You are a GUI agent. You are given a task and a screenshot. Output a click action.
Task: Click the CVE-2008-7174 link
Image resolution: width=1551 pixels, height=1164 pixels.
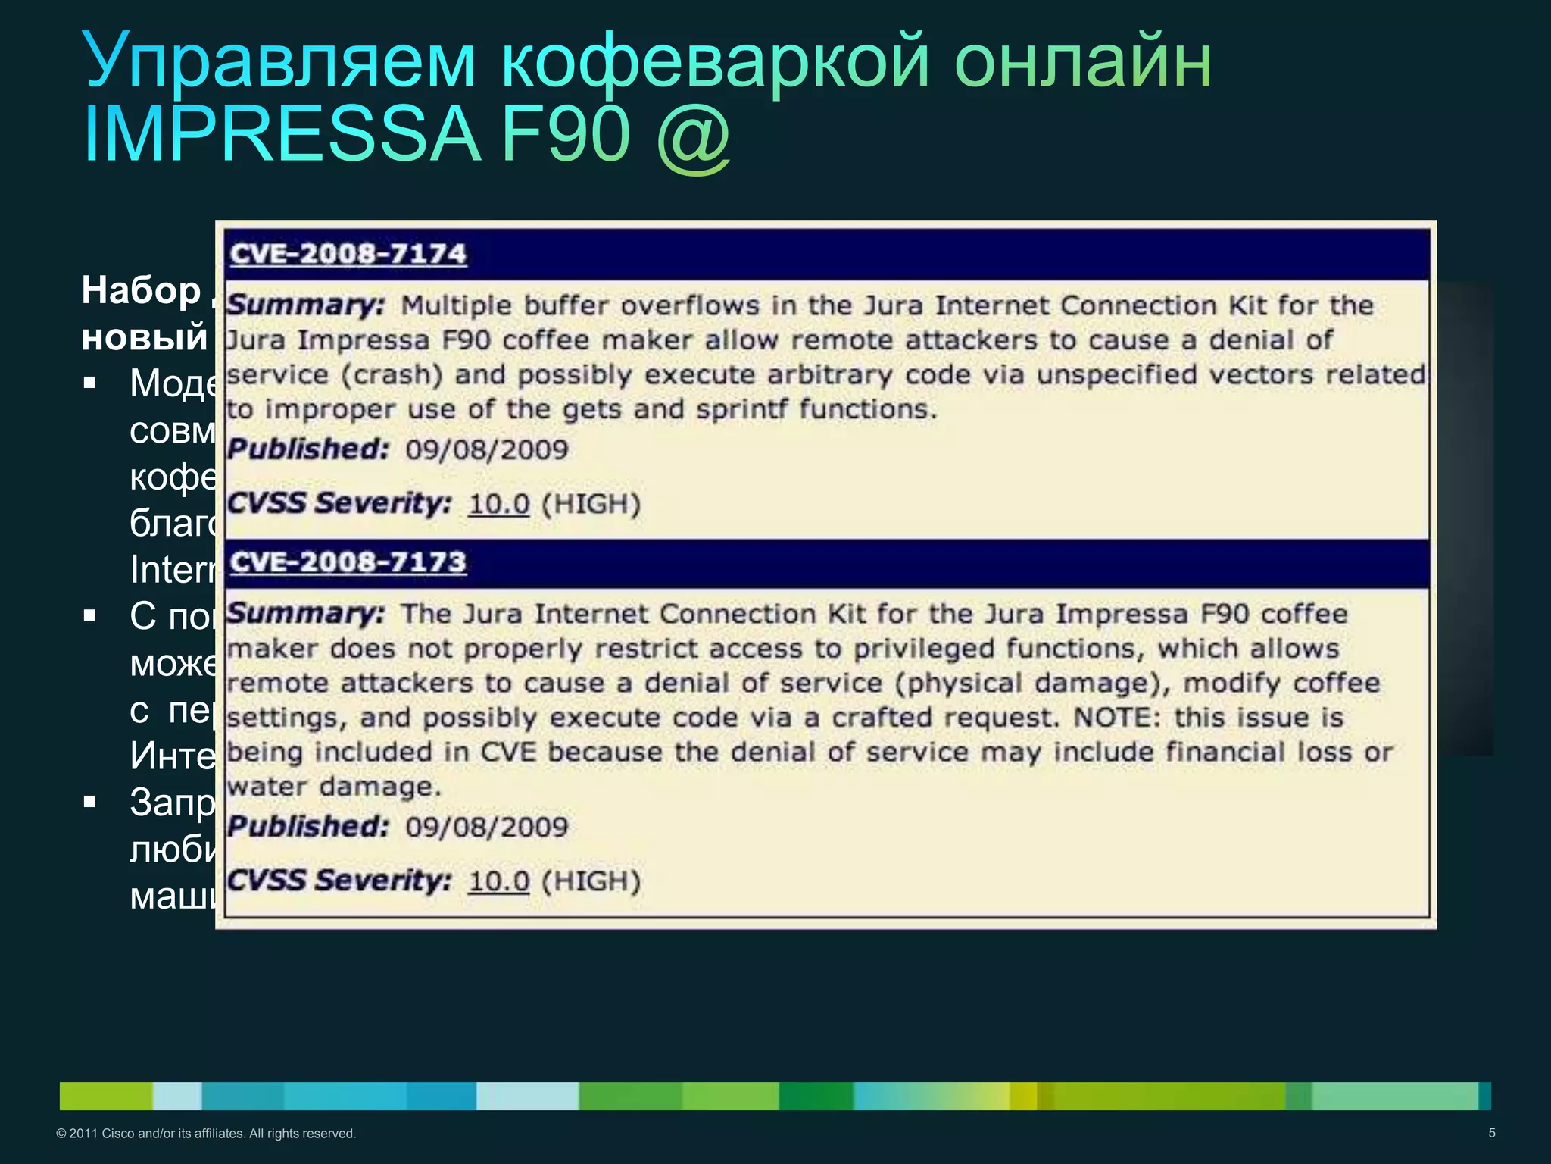[348, 254]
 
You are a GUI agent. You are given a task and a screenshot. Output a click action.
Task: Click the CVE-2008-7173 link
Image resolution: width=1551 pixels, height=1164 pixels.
[348, 562]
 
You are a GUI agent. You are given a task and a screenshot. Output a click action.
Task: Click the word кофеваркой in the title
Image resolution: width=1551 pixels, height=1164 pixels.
[715, 61]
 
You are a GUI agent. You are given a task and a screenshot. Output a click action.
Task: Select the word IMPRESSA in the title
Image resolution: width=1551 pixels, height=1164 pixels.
[282, 135]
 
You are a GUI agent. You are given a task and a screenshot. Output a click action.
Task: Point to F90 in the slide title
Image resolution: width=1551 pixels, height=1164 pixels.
[565, 135]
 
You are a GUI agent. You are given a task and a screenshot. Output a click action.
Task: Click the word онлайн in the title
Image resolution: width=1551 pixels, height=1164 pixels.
[1082, 61]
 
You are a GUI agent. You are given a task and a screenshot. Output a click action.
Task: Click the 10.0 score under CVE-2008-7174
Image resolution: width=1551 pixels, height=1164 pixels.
[498, 504]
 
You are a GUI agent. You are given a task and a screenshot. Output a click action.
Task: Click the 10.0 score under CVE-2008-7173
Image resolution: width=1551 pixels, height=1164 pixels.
[498, 881]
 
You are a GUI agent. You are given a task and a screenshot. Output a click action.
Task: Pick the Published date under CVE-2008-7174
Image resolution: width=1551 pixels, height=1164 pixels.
[486, 450]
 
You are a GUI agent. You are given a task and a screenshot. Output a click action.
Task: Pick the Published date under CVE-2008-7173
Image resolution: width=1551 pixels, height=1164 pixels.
[486, 827]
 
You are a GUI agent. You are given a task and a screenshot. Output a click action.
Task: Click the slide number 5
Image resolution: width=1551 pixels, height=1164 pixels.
[1492, 1133]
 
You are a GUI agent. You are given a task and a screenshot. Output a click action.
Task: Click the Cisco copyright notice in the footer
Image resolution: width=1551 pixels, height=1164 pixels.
[206, 1134]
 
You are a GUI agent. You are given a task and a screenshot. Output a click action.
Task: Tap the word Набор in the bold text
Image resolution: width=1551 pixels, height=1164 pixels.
[141, 290]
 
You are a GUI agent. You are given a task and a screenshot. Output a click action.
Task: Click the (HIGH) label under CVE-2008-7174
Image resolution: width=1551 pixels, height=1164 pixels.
[591, 504]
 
